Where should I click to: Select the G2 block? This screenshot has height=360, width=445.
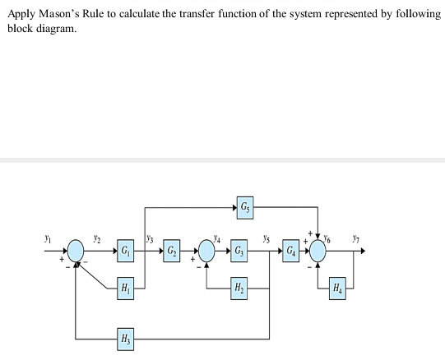(171, 249)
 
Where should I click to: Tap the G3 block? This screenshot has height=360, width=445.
(238, 249)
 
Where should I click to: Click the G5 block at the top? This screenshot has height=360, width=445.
(246, 206)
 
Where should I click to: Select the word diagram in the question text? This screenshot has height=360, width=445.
(57, 29)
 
